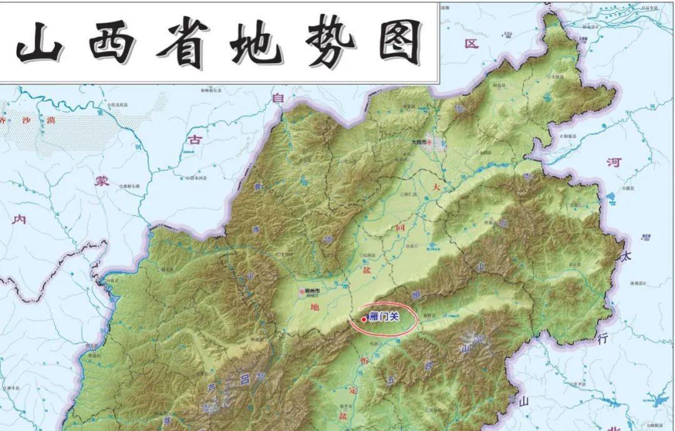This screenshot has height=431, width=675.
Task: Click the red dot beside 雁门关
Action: click(364, 319)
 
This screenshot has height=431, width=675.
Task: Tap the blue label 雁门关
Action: click(384, 317)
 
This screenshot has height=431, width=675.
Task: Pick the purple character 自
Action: click(277, 97)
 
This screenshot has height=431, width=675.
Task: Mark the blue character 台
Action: click(429, 366)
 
